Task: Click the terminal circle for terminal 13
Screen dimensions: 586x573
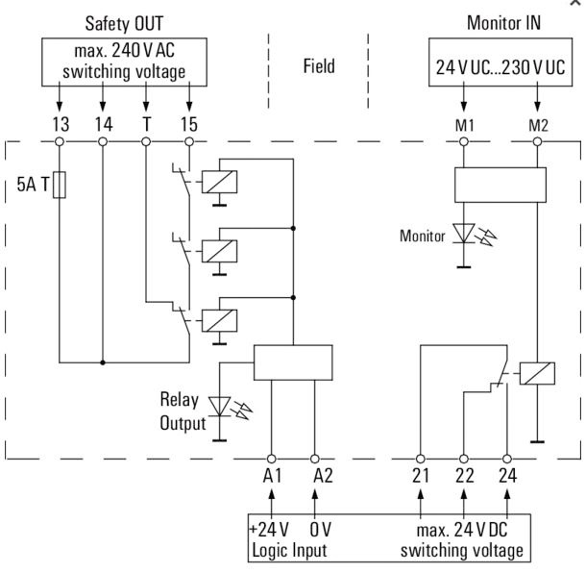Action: tap(60, 141)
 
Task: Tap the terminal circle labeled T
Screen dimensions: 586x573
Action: tap(146, 141)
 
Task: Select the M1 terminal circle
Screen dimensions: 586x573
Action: tap(464, 141)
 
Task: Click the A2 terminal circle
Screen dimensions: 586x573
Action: tap(315, 459)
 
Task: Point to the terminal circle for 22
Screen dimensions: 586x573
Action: tap(464, 459)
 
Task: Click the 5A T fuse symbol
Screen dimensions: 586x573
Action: tap(60, 185)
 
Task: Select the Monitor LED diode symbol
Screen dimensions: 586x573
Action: tap(464, 234)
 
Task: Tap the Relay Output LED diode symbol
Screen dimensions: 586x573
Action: tap(219, 407)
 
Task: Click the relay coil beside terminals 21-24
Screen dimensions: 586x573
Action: tap(537, 373)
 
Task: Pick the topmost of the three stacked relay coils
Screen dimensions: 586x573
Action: tap(219, 182)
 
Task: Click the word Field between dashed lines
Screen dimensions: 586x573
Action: tap(319, 65)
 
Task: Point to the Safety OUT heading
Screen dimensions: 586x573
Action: tap(124, 24)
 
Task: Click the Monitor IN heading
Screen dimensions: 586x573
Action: tap(503, 23)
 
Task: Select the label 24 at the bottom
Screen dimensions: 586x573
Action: tap(507, 475)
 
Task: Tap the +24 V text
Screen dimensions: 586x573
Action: tap(269, 529)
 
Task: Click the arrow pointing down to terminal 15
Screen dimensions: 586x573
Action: tap(189, 96)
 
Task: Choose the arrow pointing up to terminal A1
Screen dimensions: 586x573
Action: tap(272, 504)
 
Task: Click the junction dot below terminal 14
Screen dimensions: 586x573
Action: tap(103, 362)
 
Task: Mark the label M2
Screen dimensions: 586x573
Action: tap(538, 125)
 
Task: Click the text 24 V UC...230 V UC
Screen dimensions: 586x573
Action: tap(501, 67)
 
